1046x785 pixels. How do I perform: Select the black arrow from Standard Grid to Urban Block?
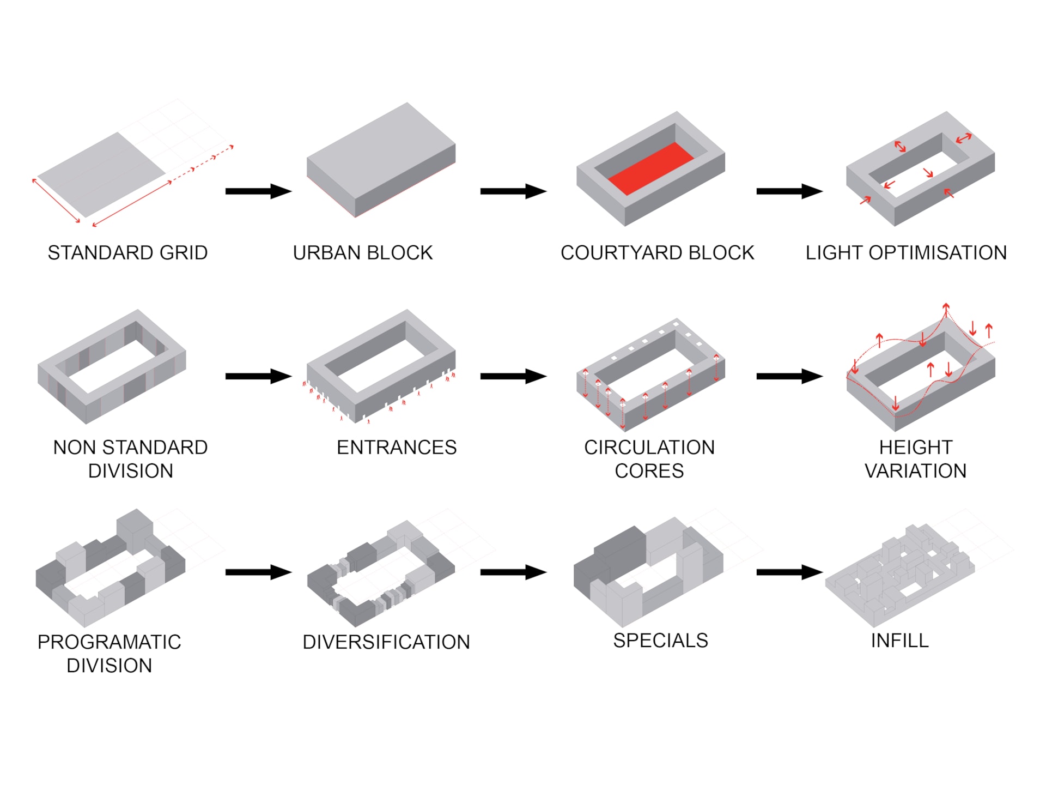tap(258, 191)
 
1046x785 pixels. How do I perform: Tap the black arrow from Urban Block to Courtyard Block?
tap(513, 191)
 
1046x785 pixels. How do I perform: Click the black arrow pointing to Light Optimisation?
tap(789, 191)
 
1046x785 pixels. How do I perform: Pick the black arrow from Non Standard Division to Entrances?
tap(258, 376)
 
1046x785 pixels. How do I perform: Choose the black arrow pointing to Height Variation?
tap(789, 376)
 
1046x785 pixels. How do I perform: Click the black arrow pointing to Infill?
tap(789, 572)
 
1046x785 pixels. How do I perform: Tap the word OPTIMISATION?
tap(937, 253)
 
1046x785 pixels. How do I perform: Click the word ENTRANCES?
tap(397, 448)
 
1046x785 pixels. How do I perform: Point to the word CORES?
tap(649, 471)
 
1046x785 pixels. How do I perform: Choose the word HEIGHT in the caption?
tap(915, 448)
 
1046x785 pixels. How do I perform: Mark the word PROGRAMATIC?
tap(109, 642)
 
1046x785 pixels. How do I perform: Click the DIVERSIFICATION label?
tap(386, 642)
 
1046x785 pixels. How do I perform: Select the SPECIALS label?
tap(660, 641)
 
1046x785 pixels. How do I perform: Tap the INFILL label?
tap(899, 641)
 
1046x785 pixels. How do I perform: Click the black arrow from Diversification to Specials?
tap(513, 572)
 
